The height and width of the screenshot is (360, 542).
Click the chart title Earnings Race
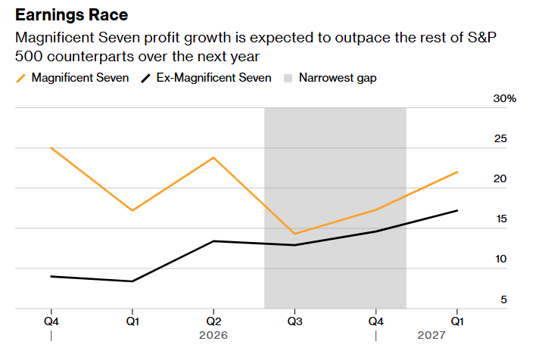click(x=72, y=15)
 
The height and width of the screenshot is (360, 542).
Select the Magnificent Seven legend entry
click(x=79, y=77)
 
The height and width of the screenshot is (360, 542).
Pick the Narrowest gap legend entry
click(x=338, y=77)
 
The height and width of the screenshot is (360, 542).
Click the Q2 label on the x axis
click(x=213, y=320)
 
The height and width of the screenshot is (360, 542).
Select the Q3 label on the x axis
click(x=294, y=320)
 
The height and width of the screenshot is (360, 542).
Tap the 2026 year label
click(x=213, y=334)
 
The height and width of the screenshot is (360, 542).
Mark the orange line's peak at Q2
click(x=213, y=157)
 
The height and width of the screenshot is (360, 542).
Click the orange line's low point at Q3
click(x=294, y=234)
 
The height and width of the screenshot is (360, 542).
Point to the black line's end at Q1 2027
click(x=457, y=210)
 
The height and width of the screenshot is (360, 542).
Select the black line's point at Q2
click(x=213, y=241)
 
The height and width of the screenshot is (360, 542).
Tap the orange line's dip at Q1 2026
click(x=132, y=210)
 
